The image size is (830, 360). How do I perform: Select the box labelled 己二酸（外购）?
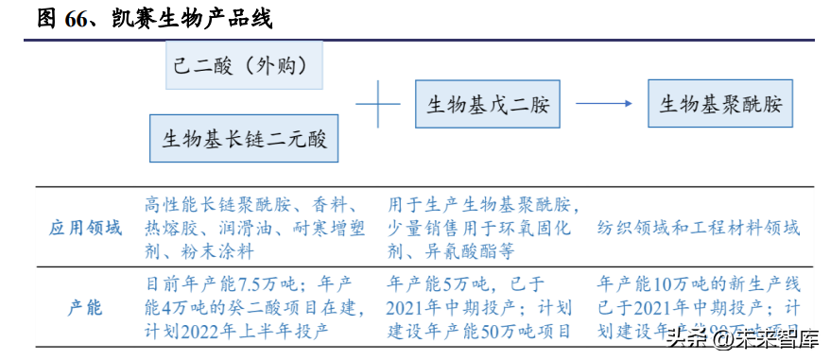click(x=245, y=65)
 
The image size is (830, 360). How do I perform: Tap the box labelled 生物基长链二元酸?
click(x=244, y=140)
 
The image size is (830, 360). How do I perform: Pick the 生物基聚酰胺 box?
click(x=720, y=103)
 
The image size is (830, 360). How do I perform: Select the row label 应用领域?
click(x=86, y=228)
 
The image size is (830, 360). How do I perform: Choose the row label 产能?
click(x=86, y=309)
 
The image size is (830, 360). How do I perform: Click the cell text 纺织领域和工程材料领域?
click(x=699, y=228)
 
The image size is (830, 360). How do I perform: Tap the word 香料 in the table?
click(x=336, y=205)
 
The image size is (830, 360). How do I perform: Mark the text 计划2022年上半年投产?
click(x=235, y=331)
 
